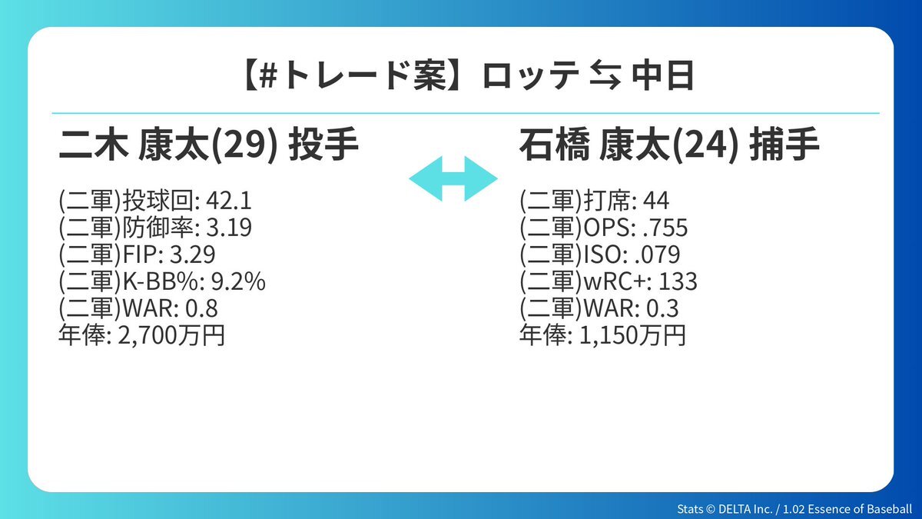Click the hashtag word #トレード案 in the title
point(353,76)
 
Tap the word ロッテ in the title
point(531,76)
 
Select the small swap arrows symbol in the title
point(605,76)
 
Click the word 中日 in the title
point(663,76)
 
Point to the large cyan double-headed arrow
point(453,178)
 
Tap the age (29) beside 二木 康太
point(244,146)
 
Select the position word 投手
point(323,145)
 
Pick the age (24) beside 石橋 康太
point(705,146)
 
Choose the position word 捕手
point(784,145)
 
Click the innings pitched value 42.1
point(229,201)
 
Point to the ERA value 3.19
point(229,228)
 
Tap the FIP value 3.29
point(193,255)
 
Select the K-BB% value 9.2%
point(238,281)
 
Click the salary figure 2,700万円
point(171,336)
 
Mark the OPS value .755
point(665,228)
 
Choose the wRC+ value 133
point(678,281)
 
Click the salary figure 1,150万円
point(632,336)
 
